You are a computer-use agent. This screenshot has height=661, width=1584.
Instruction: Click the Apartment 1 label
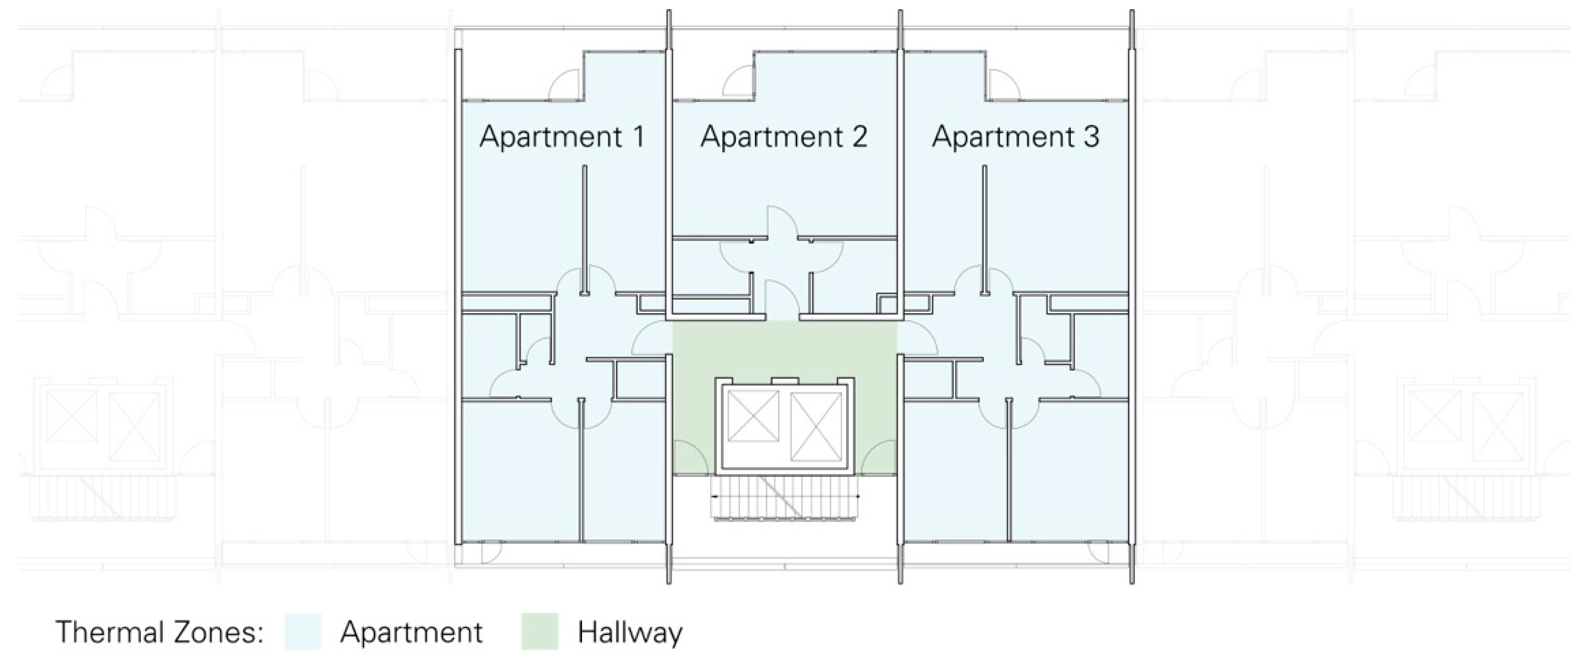click(562, 137)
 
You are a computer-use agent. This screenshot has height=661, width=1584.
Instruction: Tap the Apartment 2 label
click(784, 137)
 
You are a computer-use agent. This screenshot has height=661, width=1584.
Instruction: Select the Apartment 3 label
click(1015, 137)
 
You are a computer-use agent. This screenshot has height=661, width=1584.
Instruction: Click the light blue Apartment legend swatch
click(303, 632)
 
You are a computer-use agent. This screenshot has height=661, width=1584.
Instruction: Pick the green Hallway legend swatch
click(540, 632)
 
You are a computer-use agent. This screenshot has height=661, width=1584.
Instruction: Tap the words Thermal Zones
click(160, 632)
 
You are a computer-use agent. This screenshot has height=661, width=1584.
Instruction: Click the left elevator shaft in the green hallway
click(753, 417)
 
